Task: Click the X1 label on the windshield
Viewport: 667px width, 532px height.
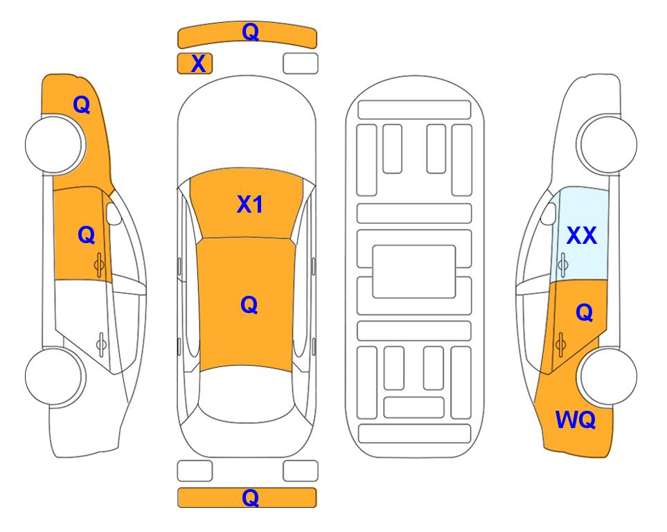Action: click(250, 204)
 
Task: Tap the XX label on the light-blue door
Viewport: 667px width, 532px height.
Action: click(582, 235)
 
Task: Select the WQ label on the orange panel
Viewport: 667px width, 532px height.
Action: click(575, 420)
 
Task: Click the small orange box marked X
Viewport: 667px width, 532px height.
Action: click(195, 64)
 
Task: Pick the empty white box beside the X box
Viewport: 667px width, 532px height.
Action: click(301, 64)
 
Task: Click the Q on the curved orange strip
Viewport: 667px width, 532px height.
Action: click(250, 32)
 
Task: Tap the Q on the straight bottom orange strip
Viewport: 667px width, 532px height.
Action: click(250, 497)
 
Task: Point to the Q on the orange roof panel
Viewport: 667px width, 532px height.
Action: click(249, 305)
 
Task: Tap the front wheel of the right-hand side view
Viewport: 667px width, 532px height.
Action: click(607, 144)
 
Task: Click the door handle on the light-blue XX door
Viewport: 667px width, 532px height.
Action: click(563, 265)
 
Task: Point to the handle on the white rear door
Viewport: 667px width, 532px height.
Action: click(101, 344)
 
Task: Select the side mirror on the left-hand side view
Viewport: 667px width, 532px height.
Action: click(113, 213)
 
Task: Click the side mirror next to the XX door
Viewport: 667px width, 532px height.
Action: click(549, 213)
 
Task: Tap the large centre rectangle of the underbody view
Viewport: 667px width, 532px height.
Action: click(414, 272)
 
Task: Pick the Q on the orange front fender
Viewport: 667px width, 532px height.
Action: click(81, 105)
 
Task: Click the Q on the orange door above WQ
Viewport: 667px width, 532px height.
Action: click(584, 313)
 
